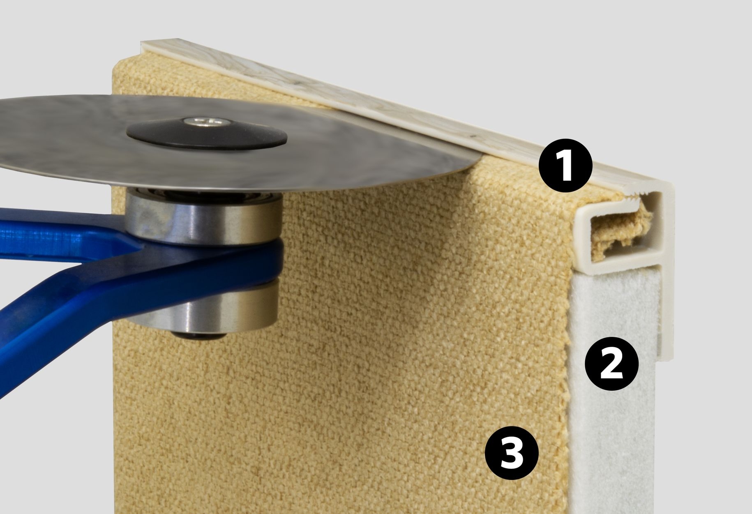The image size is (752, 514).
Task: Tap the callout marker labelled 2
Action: tap(612, 364)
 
